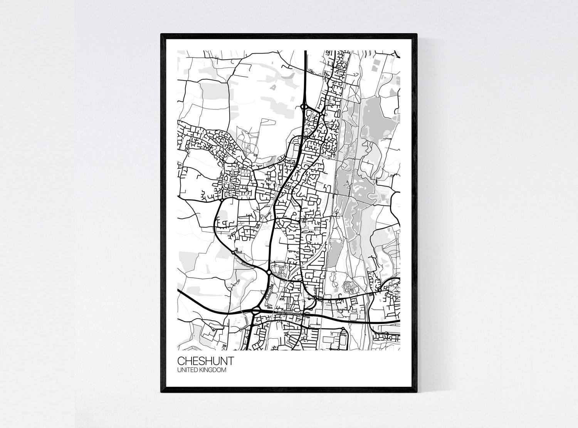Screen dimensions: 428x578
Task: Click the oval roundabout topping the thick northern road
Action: (x=304, y=107)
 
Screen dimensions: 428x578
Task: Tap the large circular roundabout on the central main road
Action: (x=269, y=272)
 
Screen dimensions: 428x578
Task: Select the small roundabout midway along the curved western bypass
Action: (x=233, y=252)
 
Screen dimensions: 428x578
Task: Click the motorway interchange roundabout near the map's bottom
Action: (x=255, y=311)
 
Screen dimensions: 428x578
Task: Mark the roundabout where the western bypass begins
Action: (x=220, y=200)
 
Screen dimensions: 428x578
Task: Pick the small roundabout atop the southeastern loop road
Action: (x=343, y=329)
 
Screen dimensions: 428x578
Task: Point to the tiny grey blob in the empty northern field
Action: (x=273, y=87)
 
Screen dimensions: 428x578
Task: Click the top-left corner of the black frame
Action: (x=161, y=34)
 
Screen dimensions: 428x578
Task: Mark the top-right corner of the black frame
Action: (x=417, y=34)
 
